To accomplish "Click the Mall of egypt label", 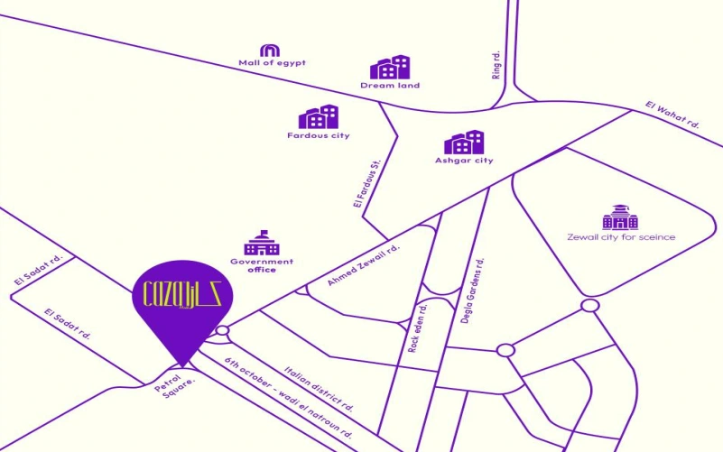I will tap(272, 63).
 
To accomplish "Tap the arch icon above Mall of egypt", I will tap(270, 50).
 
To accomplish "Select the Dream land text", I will tap(390, 86).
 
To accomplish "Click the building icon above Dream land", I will tap(390, 68).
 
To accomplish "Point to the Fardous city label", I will tap(318, 135).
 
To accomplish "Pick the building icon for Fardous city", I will tap(319, 117).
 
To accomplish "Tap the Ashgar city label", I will tap(463, 161).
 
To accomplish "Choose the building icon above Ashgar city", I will tap(464, 142).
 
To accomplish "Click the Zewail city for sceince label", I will tap(621, 237).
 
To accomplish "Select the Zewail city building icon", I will tap(621, 217).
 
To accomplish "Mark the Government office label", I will tap(262, 265).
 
